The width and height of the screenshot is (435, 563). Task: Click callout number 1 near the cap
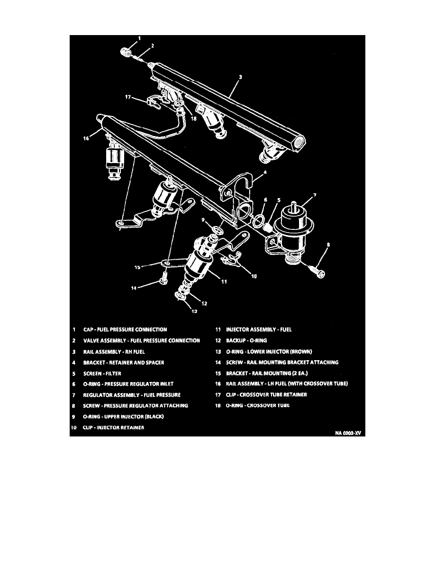(x=139, y=38)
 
